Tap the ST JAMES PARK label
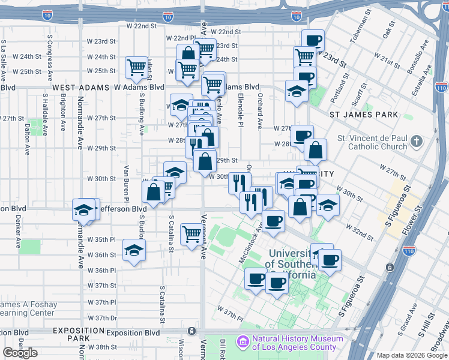pyautogui.click(x=364, y=114)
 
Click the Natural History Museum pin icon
pyautogui.click(x=243, y=342)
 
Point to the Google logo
pyautogui.click(x=20, y=353)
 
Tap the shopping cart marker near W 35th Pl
pyautogui.click(x=192, y=233)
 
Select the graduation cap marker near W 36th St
pyautogui.click(x=134, y=250)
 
